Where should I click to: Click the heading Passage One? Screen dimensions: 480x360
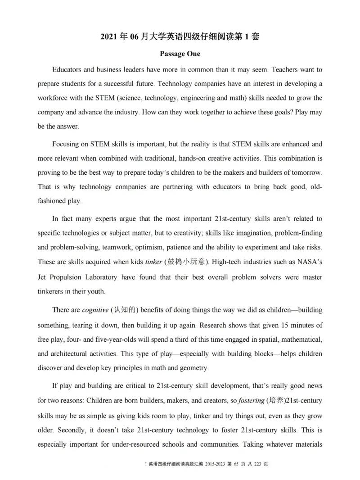[x=180, y=54]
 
